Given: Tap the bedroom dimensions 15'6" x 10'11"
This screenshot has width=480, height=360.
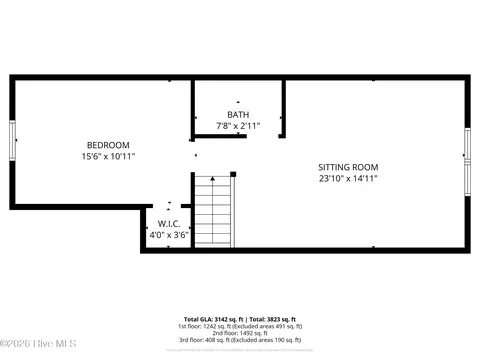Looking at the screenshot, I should tap(108, 156).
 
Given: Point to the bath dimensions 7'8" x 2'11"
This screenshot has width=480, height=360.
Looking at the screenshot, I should tap(238, 125).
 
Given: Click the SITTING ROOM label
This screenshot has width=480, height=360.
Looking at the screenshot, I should tap(348, 167).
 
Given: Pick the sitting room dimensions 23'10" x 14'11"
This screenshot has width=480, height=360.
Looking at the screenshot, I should tap(348, 179).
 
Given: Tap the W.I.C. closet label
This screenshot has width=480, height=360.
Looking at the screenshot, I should tap(167, 224).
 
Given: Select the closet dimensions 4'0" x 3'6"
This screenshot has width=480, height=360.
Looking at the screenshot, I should tap(167, 236).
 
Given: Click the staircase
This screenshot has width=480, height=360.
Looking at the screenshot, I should tap(213, 211).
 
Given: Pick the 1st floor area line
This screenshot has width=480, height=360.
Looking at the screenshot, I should tap(240, 327).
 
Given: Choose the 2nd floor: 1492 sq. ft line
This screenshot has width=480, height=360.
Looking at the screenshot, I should tap(240, 334).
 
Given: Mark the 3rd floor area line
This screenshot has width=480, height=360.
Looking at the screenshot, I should tap(240, 341).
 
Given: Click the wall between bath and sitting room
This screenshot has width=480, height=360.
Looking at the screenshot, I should tap(283, 110).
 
